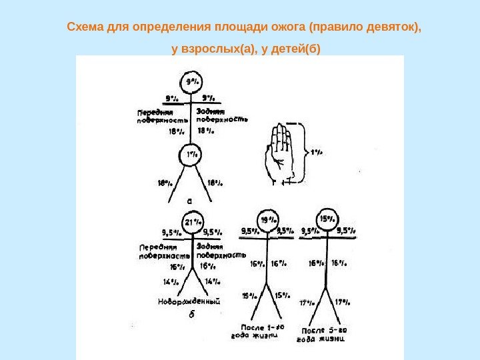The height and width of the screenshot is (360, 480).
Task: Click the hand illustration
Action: click(x=281, y=151)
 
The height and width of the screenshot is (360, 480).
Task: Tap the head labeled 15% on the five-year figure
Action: click(x=327, y=218)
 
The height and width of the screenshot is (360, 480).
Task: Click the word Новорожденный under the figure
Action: click(x=189, y=301)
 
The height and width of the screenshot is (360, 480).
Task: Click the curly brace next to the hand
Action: click(x=299, y=152)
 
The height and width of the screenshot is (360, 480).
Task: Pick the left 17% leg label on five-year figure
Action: click(x=306, y=302)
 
